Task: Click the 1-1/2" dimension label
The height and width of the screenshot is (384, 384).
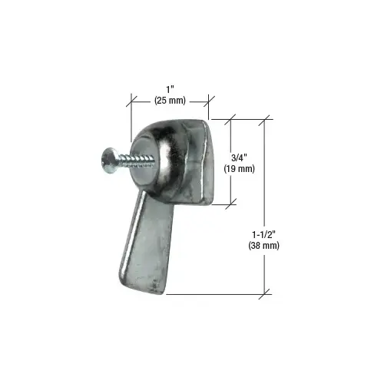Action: click(263, 234)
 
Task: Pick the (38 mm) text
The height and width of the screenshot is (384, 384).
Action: click(263, 247)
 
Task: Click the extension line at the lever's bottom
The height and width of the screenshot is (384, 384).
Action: click(215, 292)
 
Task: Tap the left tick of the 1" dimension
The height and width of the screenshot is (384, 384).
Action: click(131, 101)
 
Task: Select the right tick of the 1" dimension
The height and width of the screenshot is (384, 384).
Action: click(208, 101)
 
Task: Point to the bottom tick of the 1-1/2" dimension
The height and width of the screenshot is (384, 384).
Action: click(266, 292)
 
